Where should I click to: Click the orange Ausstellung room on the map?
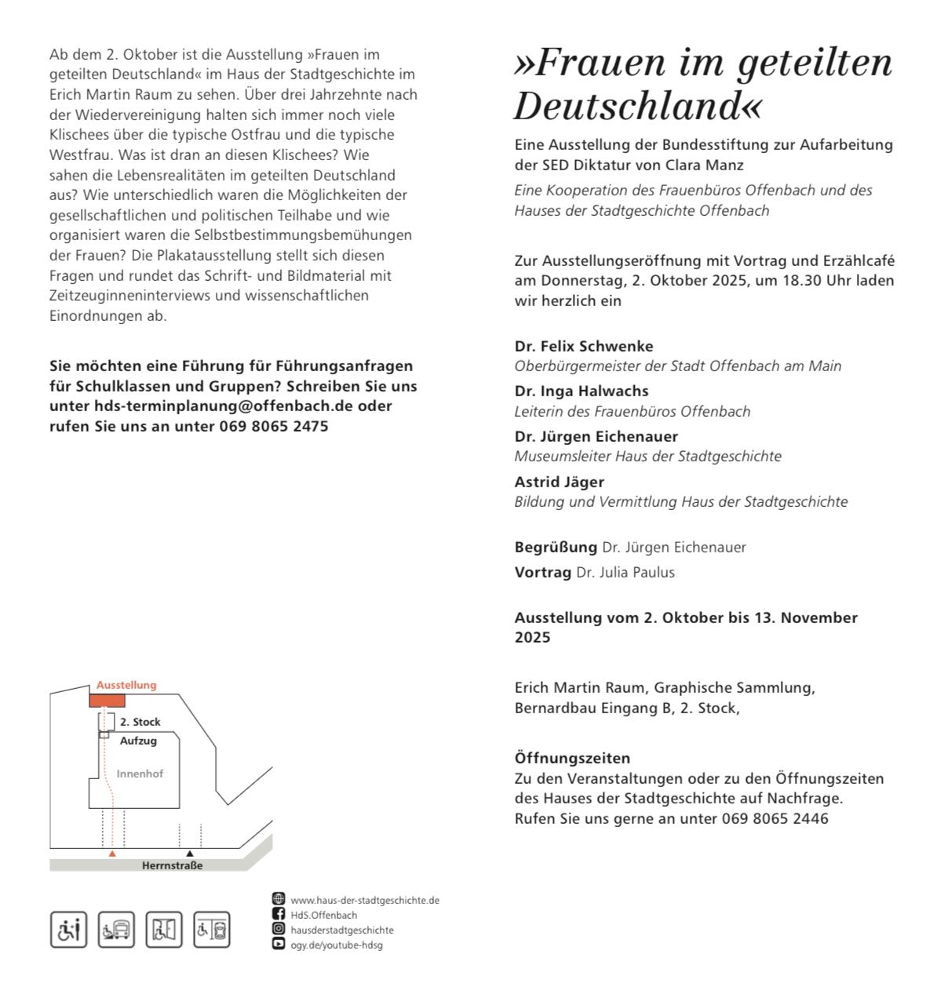[x=106, y=700]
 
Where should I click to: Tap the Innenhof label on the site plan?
[x=140, y=774]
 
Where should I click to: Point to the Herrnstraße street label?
[x=172, y=865]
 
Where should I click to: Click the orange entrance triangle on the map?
[x=112, y=853]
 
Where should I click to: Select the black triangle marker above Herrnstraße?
[x=189, y=853]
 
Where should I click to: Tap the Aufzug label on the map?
[x=138, y=741]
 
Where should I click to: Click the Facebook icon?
[x=279, y=914]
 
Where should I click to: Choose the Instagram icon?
[x=279, y=929]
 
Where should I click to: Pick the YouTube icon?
[x=279, y=944]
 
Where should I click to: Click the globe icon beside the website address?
[x=279, y=899]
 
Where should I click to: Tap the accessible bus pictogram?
[x=116, y=930]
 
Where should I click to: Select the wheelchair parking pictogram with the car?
[x=212, y=930]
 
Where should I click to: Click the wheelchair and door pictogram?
[x=163, y=930]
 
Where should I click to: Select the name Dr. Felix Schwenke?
[x=584, y=346]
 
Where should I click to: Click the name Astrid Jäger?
[x=559, y=482]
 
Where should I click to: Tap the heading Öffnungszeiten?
[x=572, y=759]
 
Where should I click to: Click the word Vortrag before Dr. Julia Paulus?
[x=542, y=573]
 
